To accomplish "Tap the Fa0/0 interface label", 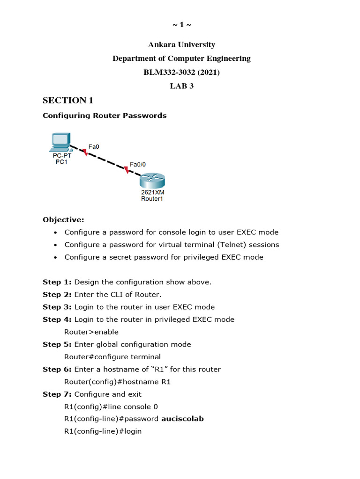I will click(137, 164).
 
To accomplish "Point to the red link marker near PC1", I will click(85, 152).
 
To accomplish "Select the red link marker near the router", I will click(126, 170).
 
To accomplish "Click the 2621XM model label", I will click(153, 192).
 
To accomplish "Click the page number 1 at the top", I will click(181, 25).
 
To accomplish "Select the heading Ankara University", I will click(181, 45).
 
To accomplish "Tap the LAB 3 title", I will click(181, 86).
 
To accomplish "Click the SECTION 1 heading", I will click(68, 101).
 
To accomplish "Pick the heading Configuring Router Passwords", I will click(105, 116).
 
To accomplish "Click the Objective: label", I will click(63, 220).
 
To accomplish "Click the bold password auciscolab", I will click(182, 419).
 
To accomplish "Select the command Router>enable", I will click(91, 332).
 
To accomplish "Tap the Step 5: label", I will click(57, 344).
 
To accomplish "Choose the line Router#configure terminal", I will click(112, 357).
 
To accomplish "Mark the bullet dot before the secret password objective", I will click(56, 257).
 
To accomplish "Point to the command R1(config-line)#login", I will click(103, 431).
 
